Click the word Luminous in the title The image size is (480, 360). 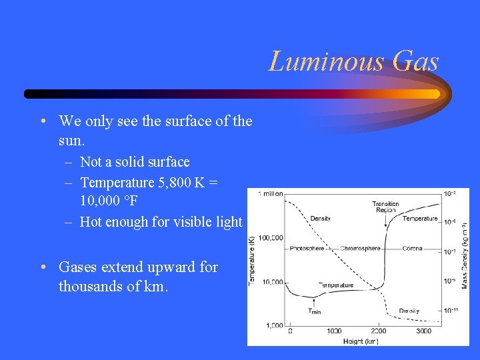[x=327, y=62]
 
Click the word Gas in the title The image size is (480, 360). [x=416, y=62]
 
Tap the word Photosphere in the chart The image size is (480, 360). [x=307, y=249]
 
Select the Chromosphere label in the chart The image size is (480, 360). [x=360, y=249]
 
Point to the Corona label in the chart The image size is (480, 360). [x=412, y=249]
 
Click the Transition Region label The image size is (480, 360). [x=385, y=207]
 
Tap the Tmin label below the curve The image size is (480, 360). [x=314, y=311]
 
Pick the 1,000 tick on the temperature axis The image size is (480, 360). [x=273, y=325]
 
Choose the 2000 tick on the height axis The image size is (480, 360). [x=378, y=331]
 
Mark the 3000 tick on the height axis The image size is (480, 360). [x=423, y=331]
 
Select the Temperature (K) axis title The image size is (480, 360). [x=252, y=260]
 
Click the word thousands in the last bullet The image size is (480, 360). [x=89, y=287]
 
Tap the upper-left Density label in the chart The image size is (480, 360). [x=321, y=218]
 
